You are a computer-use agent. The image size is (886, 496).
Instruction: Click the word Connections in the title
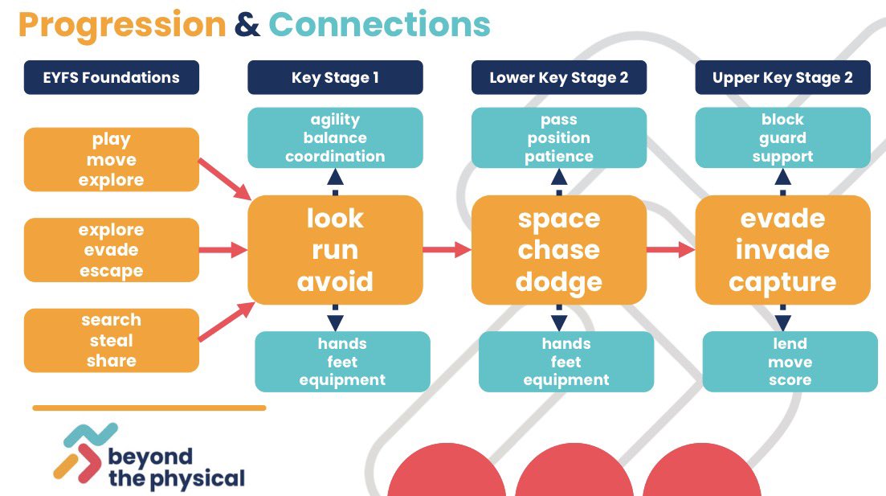click(x=379, y=25)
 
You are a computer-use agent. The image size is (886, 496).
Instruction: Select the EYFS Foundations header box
click(x=112, y=77)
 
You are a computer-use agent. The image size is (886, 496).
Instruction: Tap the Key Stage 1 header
click(x=335, y=77)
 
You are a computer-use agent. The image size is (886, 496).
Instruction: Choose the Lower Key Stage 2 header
click(x=559, y=77)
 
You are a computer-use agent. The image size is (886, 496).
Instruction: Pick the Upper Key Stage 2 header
click(x=782, y=77)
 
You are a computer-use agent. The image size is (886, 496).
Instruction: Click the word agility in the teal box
click(x=335, y=120)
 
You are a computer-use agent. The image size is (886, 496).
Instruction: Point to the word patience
click(x=559, y=157)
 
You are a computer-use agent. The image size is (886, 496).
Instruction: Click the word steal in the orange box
click(x=112, y=341)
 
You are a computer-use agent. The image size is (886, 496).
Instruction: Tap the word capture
click(x=782, y=282)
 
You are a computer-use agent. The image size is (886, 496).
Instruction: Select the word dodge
click(x=559, y=282)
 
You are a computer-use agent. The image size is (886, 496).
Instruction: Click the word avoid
click(x=335, y=281)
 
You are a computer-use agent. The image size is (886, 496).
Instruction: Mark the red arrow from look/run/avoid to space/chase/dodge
click(x=447, y=249)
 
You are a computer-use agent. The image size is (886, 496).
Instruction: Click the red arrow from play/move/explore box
click(x=224, y=179)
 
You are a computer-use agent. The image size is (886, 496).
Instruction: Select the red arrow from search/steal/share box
click(x=226, y=322)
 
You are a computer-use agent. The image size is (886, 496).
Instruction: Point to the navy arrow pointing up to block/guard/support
click(x=782, y=182)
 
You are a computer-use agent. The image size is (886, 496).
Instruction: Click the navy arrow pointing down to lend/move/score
click(x=782, y=318)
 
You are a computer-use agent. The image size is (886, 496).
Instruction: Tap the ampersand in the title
click(x=247, y=25)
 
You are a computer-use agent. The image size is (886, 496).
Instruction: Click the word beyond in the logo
click(x=150, y=457)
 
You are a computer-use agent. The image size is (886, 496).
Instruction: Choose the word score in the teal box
click(x=790, y=380)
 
